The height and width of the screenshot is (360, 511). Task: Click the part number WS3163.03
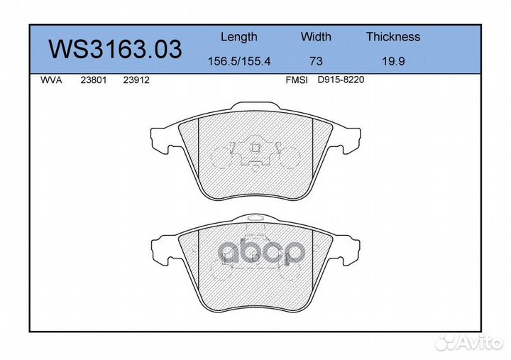click(x=115, y=50)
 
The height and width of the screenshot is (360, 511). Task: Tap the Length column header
click(x=239, y=37)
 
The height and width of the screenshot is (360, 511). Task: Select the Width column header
click(x=316, y=36)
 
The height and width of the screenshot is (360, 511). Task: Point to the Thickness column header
click(x=393, y=36)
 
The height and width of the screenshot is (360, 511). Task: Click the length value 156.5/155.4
click(x=239, y=61)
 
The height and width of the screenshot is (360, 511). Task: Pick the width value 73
click(x=316, y=61)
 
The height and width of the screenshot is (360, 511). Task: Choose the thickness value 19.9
click(x=393, y=61)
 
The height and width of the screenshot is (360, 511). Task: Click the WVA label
click(x=51, y=80)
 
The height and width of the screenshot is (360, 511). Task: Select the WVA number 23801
click(x=94, y=80)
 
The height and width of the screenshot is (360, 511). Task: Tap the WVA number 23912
click(x=136, y=80)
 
